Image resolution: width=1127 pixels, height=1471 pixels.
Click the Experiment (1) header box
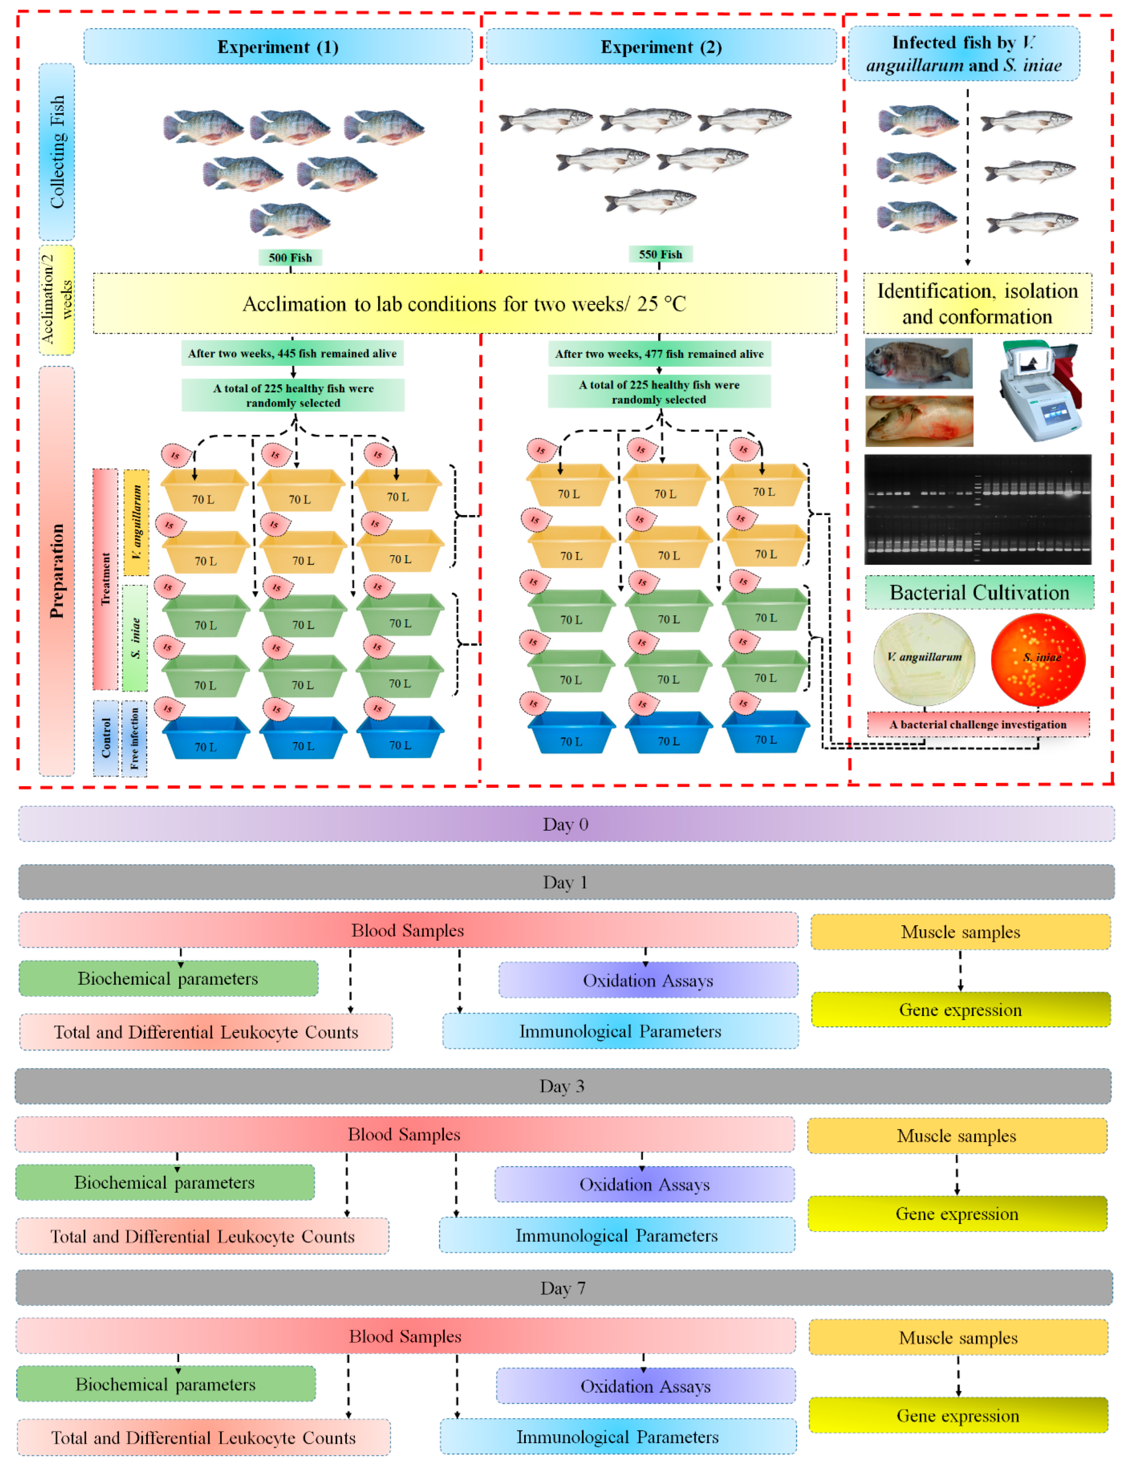click(277, 47)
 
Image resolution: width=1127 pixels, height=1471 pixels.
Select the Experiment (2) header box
click(661, 47)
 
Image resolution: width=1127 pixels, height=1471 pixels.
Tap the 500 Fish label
click(290, 257)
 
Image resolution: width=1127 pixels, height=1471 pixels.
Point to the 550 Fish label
click(660, 254)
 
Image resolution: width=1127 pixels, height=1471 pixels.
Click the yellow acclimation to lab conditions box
click(464, 304)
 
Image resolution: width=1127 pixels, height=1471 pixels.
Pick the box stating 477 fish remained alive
click(659, 354)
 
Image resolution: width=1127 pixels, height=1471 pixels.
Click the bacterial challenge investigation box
click(977, 724)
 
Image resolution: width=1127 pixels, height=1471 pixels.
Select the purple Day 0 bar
click(566, 824)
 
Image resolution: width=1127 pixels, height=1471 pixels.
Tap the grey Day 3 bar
click(562, 1086)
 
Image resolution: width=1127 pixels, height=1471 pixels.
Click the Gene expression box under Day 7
click(957, 1415)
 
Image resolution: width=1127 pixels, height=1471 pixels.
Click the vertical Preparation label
click(56, 570)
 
